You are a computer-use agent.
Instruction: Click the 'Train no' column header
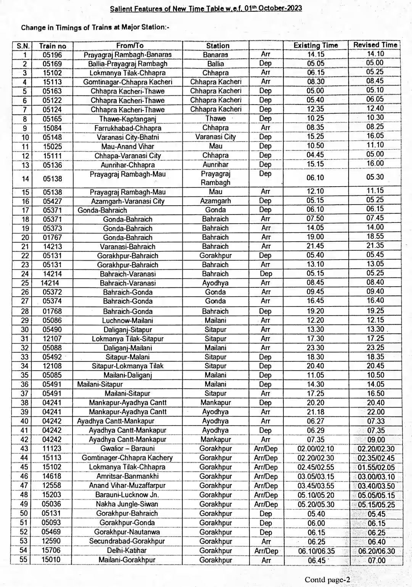(52, 46)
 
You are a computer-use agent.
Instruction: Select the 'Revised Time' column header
(375, 45)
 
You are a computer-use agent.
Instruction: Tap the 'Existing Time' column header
(315, 45)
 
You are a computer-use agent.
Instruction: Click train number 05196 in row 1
(52, 55)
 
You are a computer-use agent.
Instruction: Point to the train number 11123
(52, 448)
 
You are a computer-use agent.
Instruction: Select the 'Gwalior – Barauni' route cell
(127, 448)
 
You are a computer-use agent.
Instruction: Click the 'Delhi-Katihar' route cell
(127, 550)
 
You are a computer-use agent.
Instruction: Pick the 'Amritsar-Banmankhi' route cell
(127, 476)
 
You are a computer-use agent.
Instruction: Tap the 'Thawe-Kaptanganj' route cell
(127, 119)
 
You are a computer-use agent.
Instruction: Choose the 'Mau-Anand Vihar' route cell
(127, 146)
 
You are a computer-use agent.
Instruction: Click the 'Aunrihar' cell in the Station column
(216, 164)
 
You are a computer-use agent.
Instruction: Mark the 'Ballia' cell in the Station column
(216, 64)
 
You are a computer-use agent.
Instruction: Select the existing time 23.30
(315, 348)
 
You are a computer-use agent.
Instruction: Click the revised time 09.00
(376, 439)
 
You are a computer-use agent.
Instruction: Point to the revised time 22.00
(376, 412)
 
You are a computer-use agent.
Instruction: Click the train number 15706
(52, 550)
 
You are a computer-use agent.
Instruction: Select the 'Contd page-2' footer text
(327, 579)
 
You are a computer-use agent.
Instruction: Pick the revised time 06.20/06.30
(376, 551)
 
